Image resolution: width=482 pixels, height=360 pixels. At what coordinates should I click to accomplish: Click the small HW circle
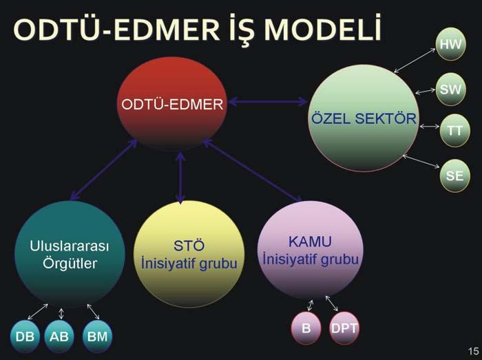451,44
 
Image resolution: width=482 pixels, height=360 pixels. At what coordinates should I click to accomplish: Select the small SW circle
451,89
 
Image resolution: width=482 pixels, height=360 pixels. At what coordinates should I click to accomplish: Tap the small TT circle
454,131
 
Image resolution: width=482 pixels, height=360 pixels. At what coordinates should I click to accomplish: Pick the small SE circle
454,176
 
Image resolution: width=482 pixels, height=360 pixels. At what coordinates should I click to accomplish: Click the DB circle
25,337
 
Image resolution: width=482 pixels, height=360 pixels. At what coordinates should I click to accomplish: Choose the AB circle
59,337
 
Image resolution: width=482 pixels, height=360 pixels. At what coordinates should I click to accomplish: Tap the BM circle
98,337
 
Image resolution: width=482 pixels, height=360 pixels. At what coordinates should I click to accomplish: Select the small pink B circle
306,328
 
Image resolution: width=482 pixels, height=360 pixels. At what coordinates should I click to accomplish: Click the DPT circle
344,328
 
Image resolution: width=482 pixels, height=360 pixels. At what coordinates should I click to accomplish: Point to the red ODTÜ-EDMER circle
172,104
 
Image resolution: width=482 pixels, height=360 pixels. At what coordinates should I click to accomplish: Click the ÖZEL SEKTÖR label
364,118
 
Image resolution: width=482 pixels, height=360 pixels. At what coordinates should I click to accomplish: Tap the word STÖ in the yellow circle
189,246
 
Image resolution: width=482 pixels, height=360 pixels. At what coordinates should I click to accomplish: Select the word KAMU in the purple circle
310,242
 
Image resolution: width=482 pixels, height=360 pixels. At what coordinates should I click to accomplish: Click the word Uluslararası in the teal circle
70,246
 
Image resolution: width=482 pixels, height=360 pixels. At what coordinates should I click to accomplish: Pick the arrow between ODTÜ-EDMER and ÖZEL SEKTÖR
267,101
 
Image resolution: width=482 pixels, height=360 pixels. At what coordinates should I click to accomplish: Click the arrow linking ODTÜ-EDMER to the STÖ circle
180,178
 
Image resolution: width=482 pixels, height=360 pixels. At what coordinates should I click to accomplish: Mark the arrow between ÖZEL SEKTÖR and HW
415,61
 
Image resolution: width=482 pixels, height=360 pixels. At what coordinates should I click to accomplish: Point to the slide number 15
474,351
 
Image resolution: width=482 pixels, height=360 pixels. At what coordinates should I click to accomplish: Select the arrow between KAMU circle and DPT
332,303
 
